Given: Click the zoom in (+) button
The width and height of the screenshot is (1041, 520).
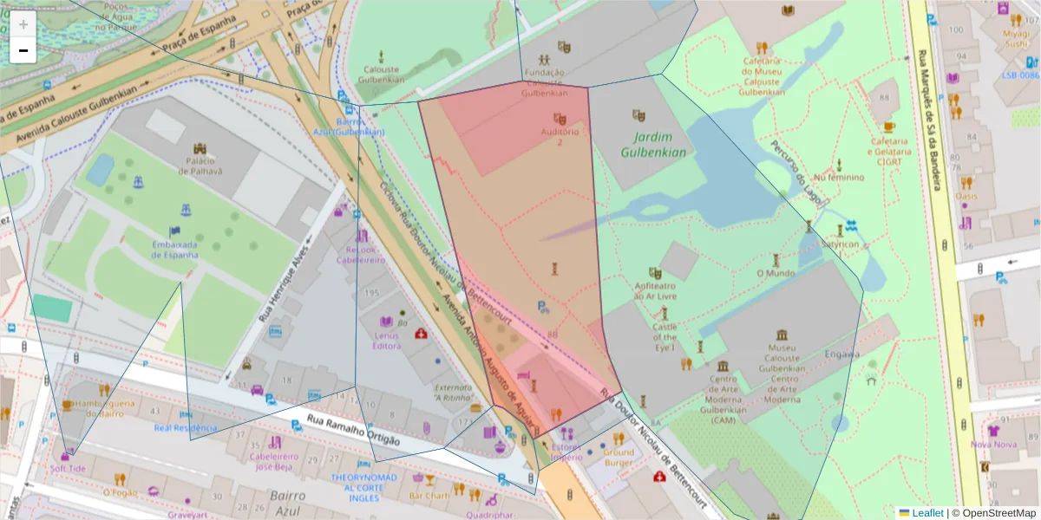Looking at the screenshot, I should click(23, 24).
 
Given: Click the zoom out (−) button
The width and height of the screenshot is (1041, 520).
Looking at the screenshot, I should click(23, 50).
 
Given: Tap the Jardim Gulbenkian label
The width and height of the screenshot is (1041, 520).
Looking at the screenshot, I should click(653, 145).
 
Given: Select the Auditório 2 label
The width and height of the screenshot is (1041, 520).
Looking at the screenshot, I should click(560, 136).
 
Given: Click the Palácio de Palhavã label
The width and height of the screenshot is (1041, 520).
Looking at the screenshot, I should click(200, 166).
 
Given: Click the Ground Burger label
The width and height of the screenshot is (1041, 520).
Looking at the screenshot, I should click(619, 458).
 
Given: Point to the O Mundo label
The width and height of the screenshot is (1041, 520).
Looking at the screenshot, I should click(775, 273).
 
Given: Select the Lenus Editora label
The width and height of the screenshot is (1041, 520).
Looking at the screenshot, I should click(387, 341).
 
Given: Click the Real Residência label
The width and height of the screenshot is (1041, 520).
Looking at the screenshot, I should click(186, 427).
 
